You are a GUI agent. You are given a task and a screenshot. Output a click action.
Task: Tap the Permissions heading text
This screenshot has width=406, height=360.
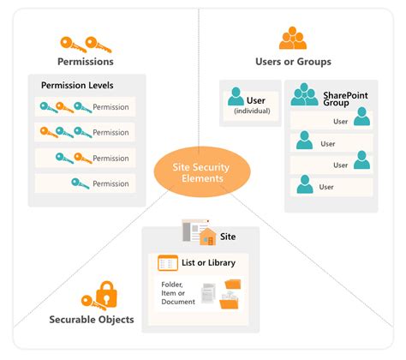pyautogui.click(x=85, y=62)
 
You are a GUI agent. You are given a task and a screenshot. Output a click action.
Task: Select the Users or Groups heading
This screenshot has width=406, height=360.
pyautogui.click(x=293, y=62)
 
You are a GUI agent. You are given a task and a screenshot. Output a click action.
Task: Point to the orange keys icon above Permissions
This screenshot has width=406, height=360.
pyautogui.click(x=85, y=42)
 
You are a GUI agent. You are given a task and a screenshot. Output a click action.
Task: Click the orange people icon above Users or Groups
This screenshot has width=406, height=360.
pyautogui.click(x=293, y=39)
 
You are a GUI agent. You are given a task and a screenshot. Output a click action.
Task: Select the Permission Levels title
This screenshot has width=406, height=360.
pyautogui.click(x=77, y=86)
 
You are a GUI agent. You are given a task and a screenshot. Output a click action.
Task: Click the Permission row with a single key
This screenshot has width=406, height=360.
pyautogui.click(x=85, y=183)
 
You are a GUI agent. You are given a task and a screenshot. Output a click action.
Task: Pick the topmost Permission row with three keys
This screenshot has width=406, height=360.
pyautogui.click(x=85, y=107)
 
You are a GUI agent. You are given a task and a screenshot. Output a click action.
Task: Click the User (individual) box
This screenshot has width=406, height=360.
pyautogui.click(x=250, y=102)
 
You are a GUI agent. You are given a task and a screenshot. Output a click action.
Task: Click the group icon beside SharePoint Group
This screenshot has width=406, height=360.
pyautogui.click(x=303, y=94)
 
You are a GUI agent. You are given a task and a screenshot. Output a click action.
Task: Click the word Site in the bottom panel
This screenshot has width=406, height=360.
pyautogui.click(x=229, y=235)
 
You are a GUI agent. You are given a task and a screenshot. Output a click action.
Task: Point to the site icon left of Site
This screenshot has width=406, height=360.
pyautogui.click(x=199, y=233)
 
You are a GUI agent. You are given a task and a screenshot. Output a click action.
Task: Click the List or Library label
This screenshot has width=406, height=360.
pyautogui.click(x=211, y=262)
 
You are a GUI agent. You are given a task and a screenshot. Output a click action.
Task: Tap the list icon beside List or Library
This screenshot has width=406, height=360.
pyautogui.click(x=168, y=262)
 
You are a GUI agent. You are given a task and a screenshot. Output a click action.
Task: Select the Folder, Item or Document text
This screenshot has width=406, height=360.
pyautogui.click(x=178, y=294)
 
